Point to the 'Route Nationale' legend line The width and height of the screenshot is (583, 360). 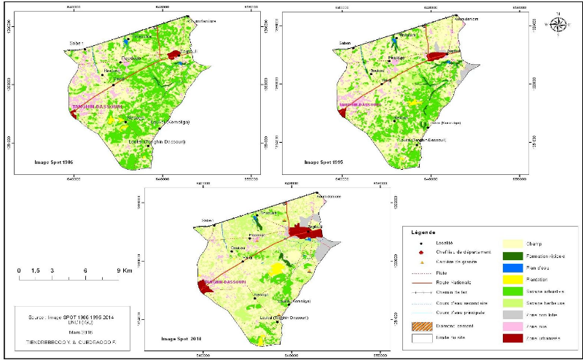coord(421,282)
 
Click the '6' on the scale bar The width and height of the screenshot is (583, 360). coord(86,271)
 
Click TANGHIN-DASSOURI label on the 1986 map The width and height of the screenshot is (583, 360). coord(94,103)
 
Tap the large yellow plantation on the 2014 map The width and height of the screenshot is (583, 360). coord(278,269)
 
